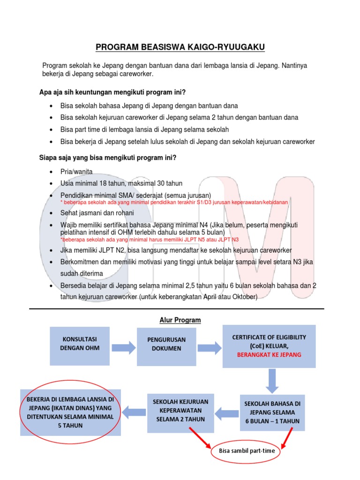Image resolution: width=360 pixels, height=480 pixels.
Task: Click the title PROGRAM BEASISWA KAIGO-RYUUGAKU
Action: click(x=180, y=47)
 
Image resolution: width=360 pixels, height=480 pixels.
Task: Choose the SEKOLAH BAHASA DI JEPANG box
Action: click(x=272, y=412)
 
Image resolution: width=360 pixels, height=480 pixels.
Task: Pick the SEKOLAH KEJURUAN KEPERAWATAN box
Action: click(x=180, y=410)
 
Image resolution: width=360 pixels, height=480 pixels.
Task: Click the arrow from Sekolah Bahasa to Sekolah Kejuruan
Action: click(x=227, y=412)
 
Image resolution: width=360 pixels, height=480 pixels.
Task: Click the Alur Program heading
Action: click(x=177, y=320)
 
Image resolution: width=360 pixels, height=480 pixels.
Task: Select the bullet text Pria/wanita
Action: click(x=73, y=172)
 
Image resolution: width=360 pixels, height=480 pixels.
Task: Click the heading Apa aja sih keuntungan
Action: click(x=112, y=92)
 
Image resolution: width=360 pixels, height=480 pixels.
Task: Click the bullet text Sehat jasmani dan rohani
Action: click(x=97, y=213)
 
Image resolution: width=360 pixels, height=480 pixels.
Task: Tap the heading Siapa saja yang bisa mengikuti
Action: click(x=107, y=157)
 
